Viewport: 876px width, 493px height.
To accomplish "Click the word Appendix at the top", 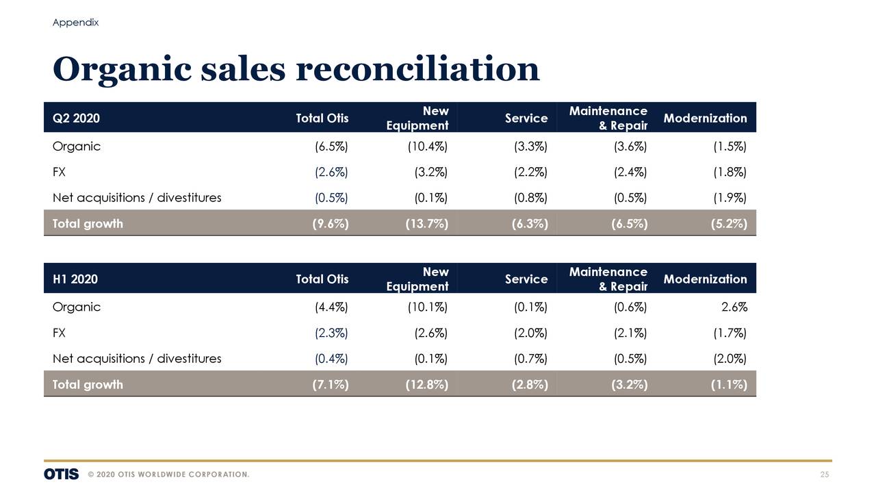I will click(75, 23).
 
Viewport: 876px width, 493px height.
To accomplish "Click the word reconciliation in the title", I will click(417, 69).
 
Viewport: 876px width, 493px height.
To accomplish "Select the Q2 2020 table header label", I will click(76, 118).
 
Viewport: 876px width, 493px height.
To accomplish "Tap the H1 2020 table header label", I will click(75, 279).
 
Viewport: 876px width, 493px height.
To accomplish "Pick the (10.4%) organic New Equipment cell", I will click(427, 147).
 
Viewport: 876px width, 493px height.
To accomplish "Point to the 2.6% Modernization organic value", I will click(734, 307).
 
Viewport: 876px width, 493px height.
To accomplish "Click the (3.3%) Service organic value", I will click(530, 147).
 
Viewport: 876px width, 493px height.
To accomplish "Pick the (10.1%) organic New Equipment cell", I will click(427, 307).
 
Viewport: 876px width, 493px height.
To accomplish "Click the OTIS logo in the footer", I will click(61, 475).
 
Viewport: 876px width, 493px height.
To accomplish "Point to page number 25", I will click(825, 475).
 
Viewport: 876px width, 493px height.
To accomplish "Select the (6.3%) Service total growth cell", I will click(530, 224).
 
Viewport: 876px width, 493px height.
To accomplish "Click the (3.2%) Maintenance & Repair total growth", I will click(629, 385).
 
